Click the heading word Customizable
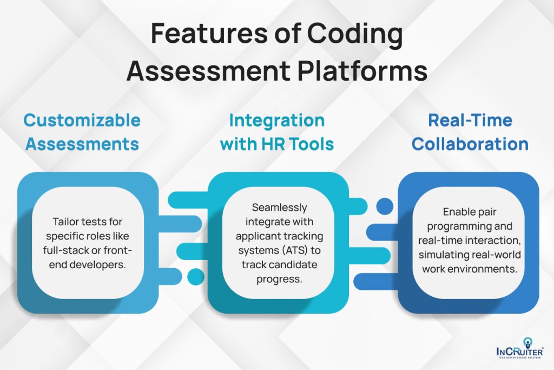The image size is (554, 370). point(82,120)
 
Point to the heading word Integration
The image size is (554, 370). point(277,120)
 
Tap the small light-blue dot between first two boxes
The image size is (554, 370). point(194,276)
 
